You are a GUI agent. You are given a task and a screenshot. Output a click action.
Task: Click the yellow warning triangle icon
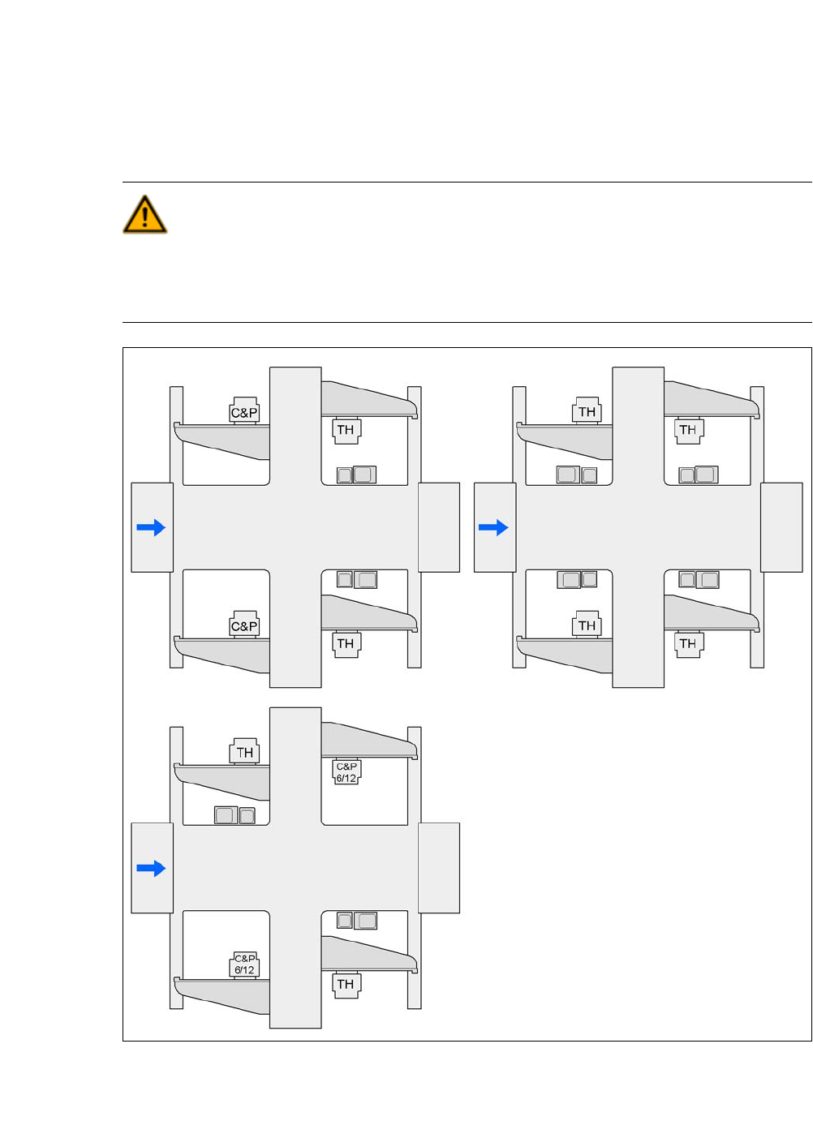click(145, 216)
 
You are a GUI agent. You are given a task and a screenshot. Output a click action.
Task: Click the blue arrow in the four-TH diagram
click(493, 528)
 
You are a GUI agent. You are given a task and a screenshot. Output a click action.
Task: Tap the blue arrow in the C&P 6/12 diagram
click(151, 869)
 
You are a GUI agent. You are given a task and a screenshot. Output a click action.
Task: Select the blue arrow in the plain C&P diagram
click(151, 528)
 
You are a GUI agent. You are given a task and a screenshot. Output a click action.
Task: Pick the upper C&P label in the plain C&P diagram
click(244, 412)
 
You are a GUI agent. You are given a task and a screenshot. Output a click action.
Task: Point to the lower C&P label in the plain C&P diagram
click(244, 626)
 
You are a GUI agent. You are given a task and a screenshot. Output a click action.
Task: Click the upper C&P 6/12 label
click(346, 772)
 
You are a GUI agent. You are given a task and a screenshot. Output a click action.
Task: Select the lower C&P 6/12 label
click(244, 964)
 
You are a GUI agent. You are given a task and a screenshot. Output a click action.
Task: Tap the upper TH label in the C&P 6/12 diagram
click(244, 752)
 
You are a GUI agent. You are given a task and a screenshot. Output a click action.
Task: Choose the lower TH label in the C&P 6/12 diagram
click(346, 985)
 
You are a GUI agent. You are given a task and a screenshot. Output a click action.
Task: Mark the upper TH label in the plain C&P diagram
click(346, 430)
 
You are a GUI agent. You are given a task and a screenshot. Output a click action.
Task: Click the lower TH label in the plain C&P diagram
click(346, 644)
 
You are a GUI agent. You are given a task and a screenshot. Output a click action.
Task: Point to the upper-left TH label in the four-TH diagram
click(587, 412)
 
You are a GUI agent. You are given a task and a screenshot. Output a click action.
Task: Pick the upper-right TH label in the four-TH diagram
click(688, 430)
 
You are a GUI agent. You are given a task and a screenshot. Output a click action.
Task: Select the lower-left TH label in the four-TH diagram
click(587, 626)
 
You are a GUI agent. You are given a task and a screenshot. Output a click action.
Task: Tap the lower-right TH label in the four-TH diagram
click(688, 644)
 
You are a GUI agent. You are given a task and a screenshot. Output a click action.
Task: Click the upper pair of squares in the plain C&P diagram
click(356, 475)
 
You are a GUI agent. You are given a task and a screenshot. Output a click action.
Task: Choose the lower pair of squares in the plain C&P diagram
click(356, 579)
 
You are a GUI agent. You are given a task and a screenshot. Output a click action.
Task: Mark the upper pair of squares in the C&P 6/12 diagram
click(234, 815)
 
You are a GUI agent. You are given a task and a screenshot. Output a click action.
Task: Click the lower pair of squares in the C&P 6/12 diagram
click(356, 920)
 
